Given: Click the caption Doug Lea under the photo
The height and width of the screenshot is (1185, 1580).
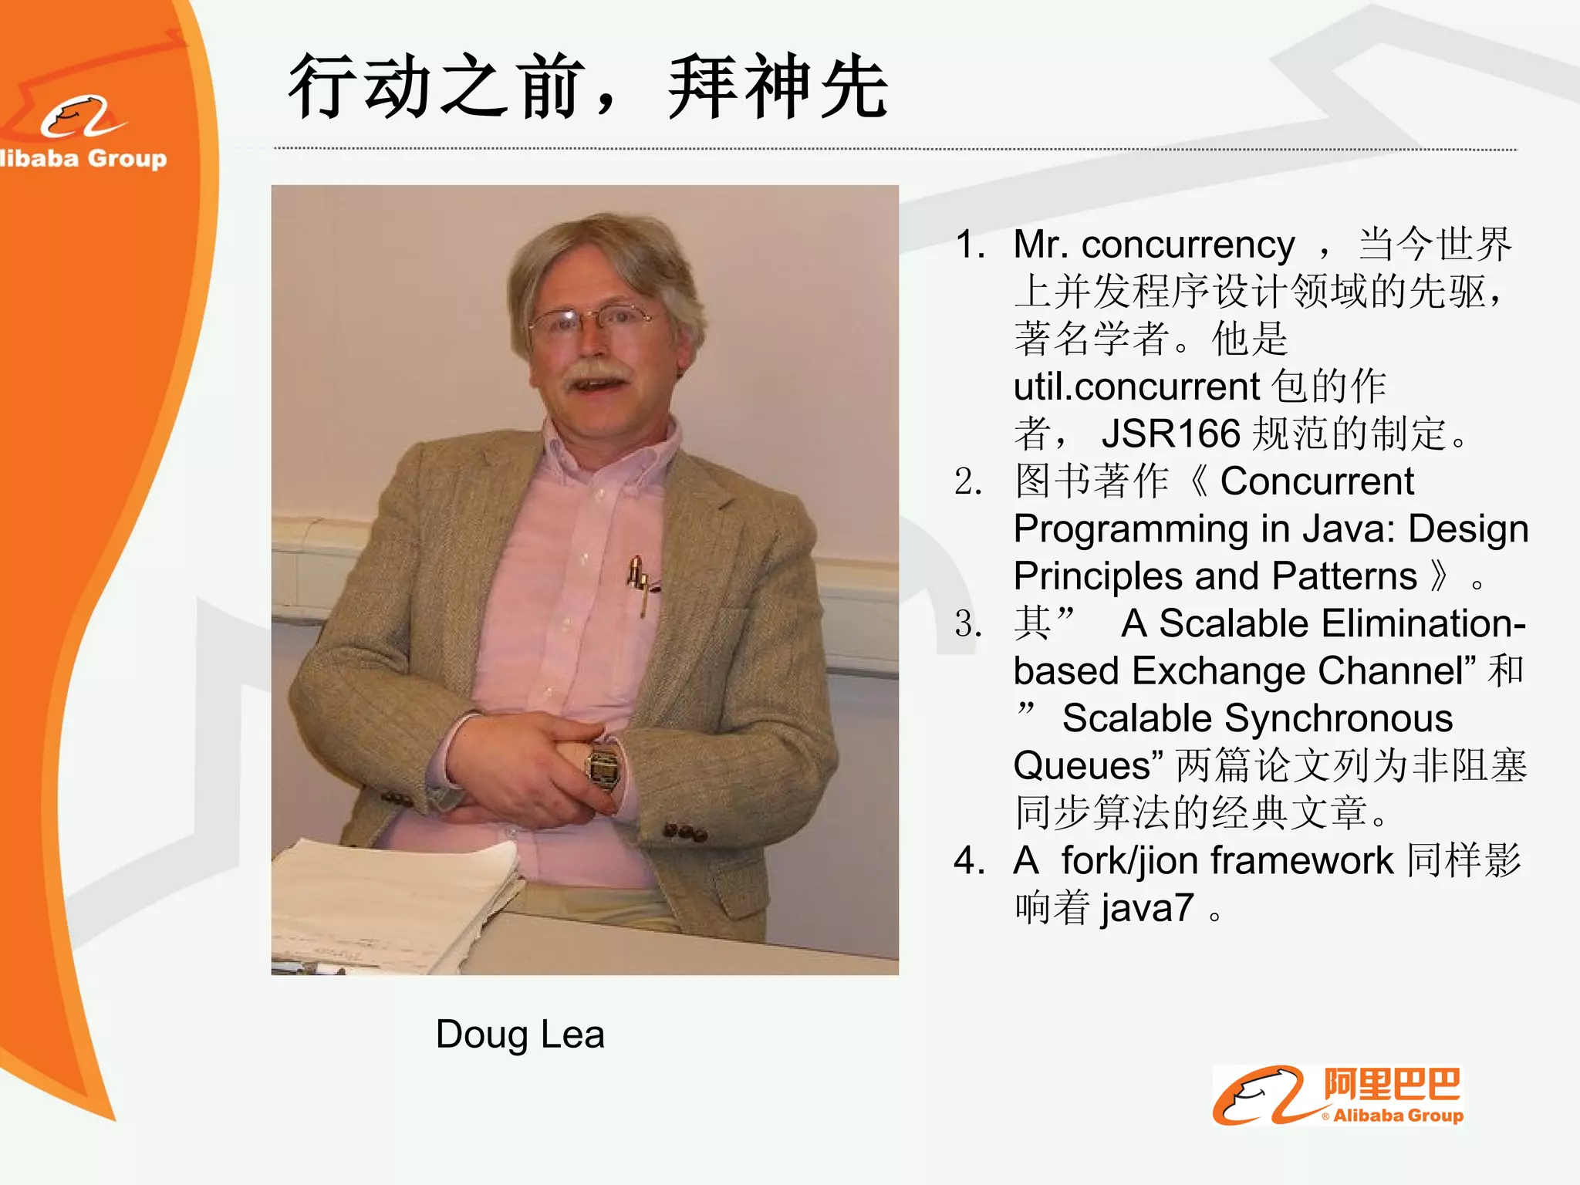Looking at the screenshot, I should [519, 1034].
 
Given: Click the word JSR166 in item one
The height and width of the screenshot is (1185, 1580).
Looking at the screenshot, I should [1170, 434].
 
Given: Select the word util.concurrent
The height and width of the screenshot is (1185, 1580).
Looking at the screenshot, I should [1136, 387].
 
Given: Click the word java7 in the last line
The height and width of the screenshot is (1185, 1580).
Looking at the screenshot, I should [1147, 908].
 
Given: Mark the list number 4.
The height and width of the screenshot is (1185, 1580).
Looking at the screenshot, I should [968, 860].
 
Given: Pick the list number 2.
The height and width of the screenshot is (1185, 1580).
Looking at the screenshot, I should [968, 481].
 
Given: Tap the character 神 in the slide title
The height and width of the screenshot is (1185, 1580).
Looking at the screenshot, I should [778, 87].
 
